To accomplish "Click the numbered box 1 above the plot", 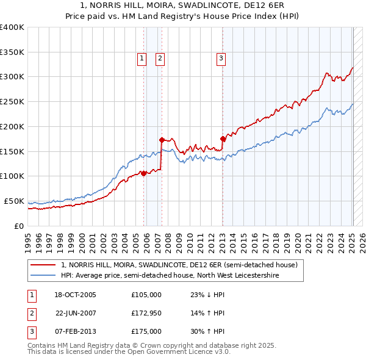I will pyautogui.click(x=142, y=59).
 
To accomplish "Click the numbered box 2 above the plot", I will pyautogui.click(x=160, y=59).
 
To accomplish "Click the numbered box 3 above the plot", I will pyautogui.click(x=220, y=59).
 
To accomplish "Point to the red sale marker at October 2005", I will pyautogui.click(x=143, y=173).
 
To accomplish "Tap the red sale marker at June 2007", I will pyautogui.click(x=162, y=140).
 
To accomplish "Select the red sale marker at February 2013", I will pyautogui.click(x=223, y=139).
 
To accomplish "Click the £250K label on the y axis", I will pyautogui.click(x=12, y=102).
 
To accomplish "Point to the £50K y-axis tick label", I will pyautogui.click(x=15, y=201).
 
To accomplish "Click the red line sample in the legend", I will pyautogui.click(x=43, y=265).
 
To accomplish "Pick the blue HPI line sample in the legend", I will pyautogui.click(x=43, y=276).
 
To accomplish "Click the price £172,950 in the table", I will pyautogui.click(x=146, y=313).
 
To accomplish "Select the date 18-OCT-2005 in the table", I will pyautogui.click(x=75, y=295).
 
